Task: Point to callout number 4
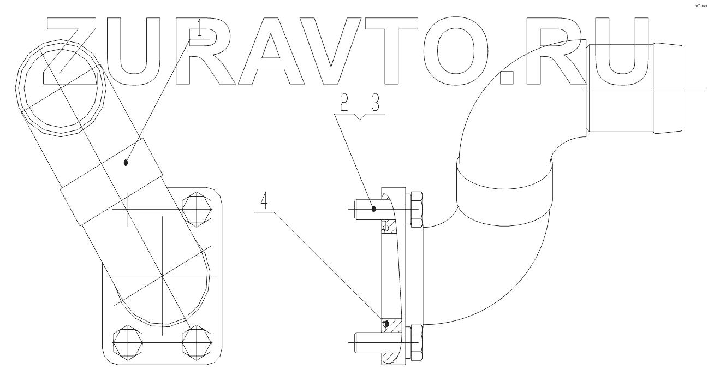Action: [265, 203]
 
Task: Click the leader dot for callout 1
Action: [126, 162]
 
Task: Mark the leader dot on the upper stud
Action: [374, 207]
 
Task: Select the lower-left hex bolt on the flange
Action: [128, 343]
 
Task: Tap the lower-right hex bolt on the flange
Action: [197, 343]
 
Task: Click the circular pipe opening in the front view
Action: [61, 90]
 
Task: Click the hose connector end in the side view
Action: [633, 87]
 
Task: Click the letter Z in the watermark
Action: [75, 52]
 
